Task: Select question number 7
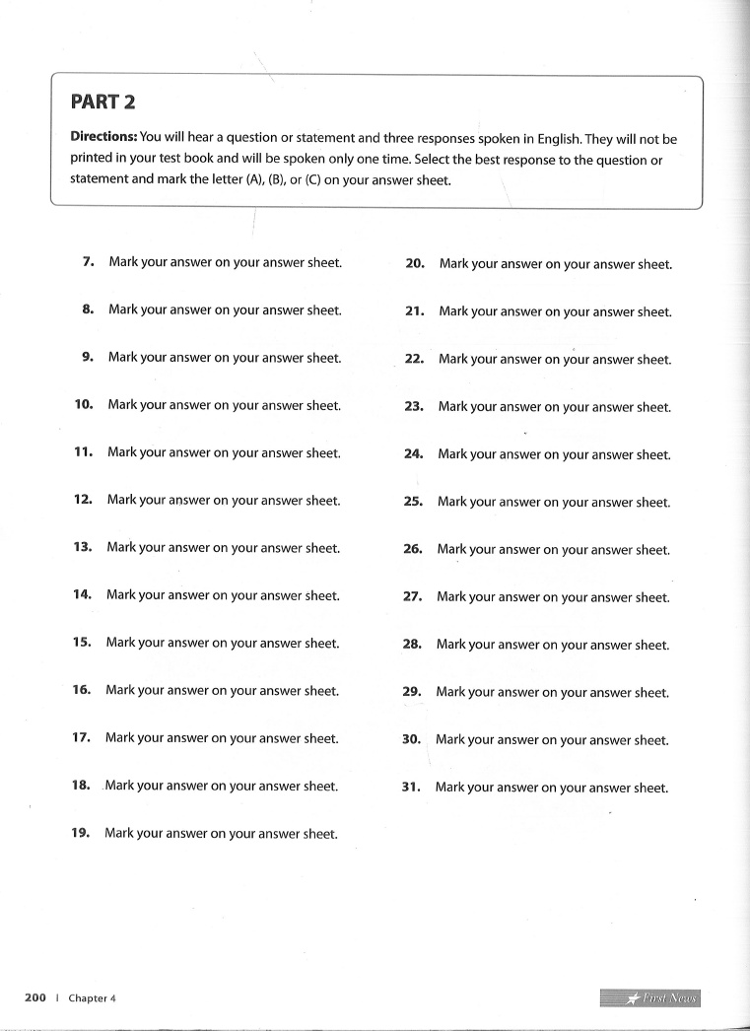(88, 262)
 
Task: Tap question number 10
(83, 405)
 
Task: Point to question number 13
(82, 548)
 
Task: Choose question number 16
(81, 691)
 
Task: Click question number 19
(80, 833)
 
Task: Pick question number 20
(415, 264)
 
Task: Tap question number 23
(414, 406)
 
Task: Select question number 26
(413, 549)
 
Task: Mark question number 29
(412, 692)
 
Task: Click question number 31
(411, 788)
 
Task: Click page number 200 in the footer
(35, 998)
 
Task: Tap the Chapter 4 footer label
(92, 998)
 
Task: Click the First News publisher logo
(649, 998)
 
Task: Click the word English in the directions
(560, 139)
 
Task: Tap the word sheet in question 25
(652, 503)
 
